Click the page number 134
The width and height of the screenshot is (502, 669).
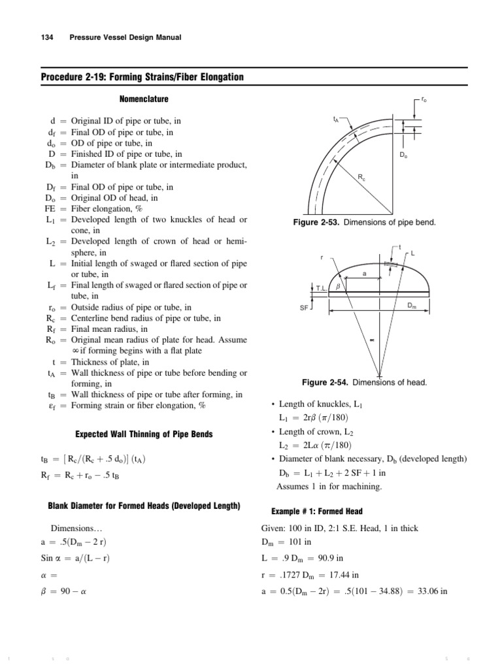point(48,38)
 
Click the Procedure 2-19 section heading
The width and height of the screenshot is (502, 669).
point(142,78)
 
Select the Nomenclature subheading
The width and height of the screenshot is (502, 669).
point(144,99)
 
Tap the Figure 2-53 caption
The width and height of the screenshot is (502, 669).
point(365,223)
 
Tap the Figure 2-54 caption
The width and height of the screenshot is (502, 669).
point(365,382)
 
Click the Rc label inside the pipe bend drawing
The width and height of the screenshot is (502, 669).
point(361,177)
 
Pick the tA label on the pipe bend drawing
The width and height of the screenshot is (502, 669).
point(337,120)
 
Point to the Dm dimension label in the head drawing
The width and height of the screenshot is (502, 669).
point(411,305)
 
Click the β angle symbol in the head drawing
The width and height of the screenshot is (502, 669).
point(338,286)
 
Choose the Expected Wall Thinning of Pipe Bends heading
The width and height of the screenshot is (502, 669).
point(144,434)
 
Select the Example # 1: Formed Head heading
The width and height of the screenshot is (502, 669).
point(307,511)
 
